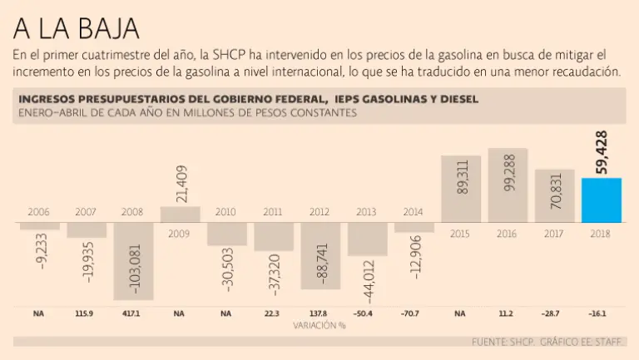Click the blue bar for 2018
click(601, 200)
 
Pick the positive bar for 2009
click(180, 215)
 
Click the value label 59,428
click(602, 153)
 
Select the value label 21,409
click(181, 184)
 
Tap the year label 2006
click(39, 212)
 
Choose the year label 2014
click(414, 212)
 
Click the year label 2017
click(554, 234)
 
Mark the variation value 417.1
click(132, 313)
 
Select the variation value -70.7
click(414, 313)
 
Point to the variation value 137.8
click(320, 313)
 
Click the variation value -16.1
click(601, 313)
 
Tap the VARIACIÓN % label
click(319, 325)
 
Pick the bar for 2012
click(319, 257)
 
